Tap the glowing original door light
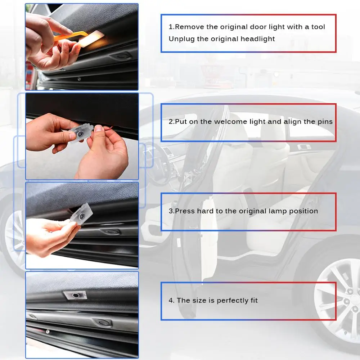(92, 39)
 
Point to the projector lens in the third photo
(82, 216)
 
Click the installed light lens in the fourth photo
(76, 295)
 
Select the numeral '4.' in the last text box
(171, 301)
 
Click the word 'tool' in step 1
(318, 27)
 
